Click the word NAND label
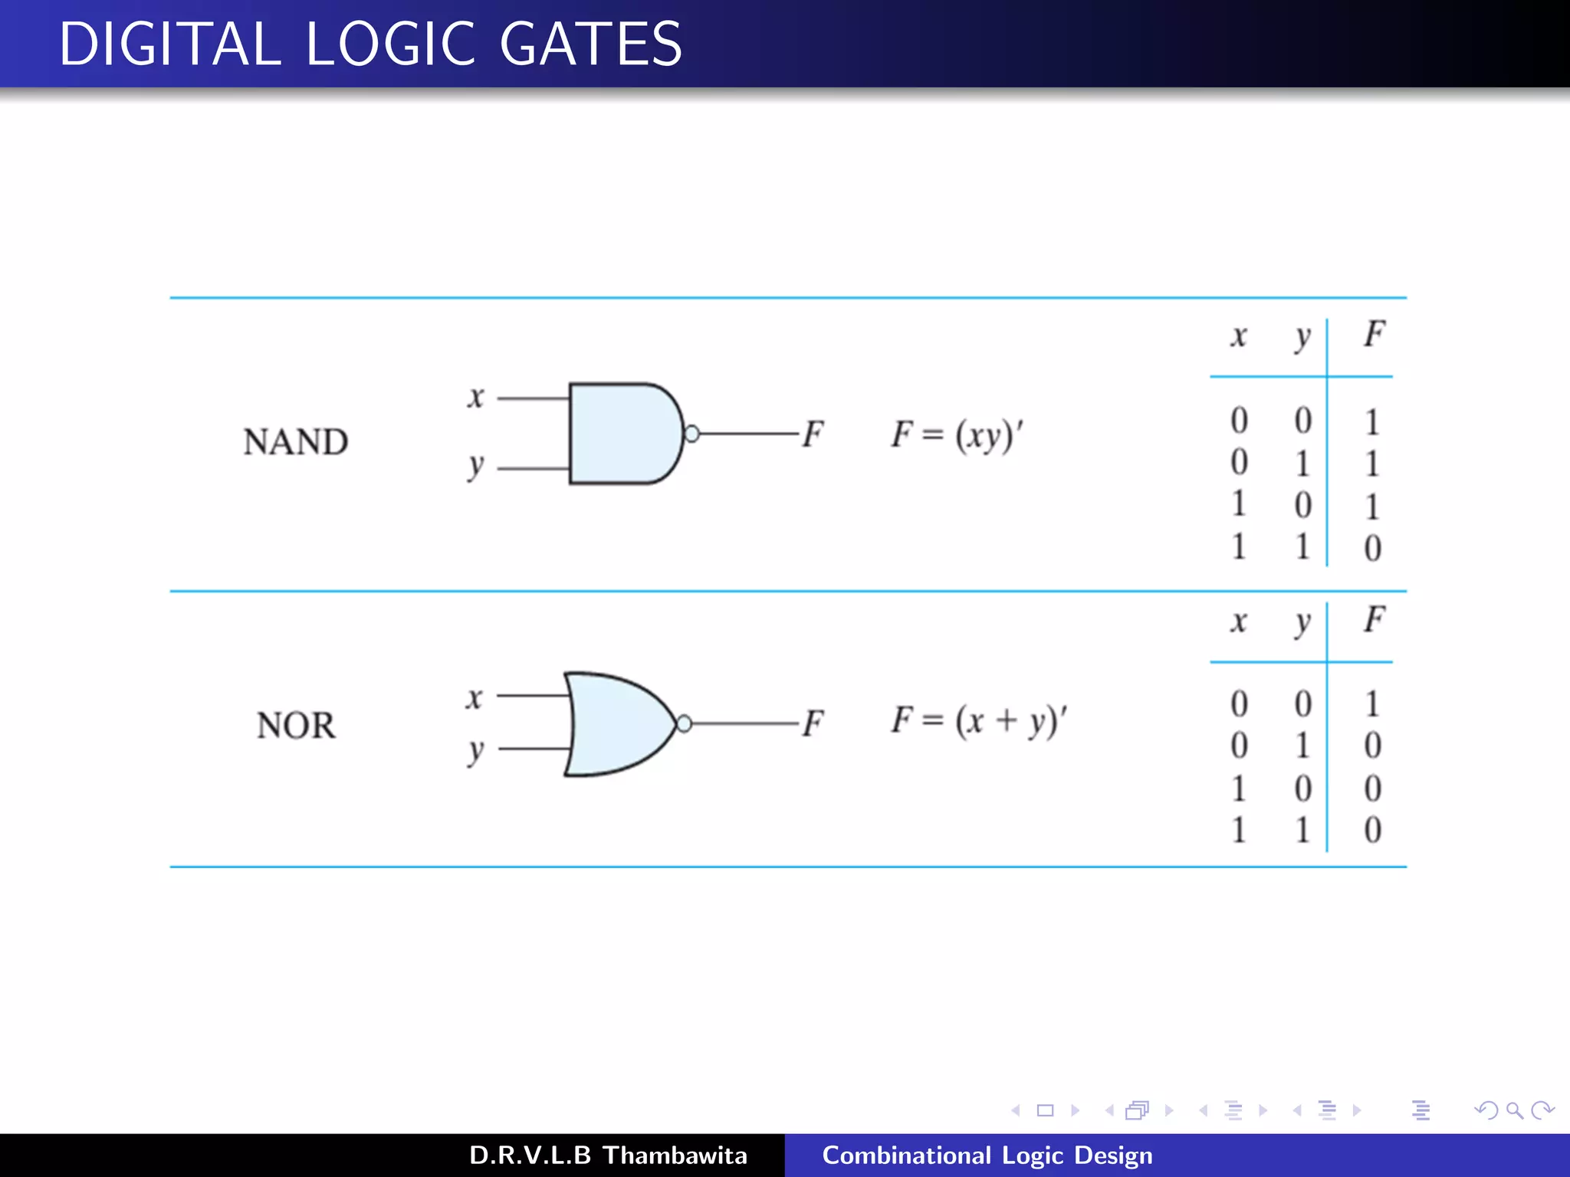tap(296, 442)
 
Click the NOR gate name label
tap(296, 725)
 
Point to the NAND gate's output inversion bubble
tap(691, 434)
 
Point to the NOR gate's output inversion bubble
tap(685, 723)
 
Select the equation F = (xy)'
tap(957, 435)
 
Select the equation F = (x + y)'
tap(979, 721)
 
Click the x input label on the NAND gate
tap(476, 398)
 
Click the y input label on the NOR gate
tap(476, 751)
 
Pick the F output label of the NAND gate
tap(813, 434)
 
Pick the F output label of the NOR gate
tap(813, 723)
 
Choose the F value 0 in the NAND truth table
tap(1372, 548)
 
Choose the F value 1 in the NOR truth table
tap(1372, 703)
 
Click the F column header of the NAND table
tap(1374, 334)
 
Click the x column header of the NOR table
tap(1239, 621)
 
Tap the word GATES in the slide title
tap(590, 44)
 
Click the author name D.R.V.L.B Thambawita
tap(608, 1155)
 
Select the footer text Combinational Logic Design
tap(987, 1155)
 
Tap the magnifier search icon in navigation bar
tap(1514, 1110)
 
